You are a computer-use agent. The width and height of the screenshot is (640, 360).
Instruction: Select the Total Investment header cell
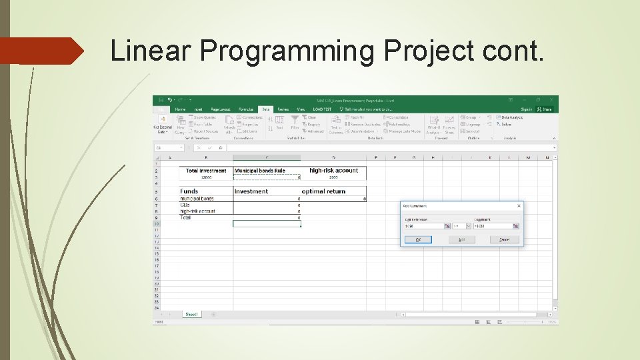tap(206, 171)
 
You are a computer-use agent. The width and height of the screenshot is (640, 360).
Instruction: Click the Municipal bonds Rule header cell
tap(260, 171)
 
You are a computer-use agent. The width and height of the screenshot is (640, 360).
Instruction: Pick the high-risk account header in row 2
tap(333, 171)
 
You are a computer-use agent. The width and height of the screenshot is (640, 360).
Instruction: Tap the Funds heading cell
tap(189, 191)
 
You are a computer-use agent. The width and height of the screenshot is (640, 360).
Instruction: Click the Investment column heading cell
tap(251, 191)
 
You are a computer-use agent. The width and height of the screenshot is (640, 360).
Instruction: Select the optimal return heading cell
tap(323, 191)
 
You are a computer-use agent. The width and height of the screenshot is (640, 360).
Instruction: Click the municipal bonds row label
tap(197, 199)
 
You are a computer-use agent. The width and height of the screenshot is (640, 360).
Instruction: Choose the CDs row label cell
tap(186, 205)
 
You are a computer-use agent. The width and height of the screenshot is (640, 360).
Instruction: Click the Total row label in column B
tap(187, 217)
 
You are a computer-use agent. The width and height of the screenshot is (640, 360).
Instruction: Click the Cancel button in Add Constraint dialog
tap(505, 239)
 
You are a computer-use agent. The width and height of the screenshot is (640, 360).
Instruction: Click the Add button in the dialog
tap(461, 239)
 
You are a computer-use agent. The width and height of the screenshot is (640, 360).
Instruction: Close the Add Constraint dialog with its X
tap(519, 206)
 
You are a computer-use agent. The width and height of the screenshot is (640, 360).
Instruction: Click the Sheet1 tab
tap(192, 314)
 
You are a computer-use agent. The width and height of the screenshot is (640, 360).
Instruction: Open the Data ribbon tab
tap(266, 109)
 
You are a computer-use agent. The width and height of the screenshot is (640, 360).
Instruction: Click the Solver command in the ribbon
tap(506, 124)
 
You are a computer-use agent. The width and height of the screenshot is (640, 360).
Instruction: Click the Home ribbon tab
tap(180, 109)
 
